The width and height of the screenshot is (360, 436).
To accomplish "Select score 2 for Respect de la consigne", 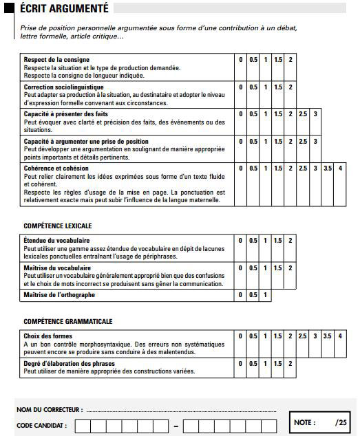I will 290,60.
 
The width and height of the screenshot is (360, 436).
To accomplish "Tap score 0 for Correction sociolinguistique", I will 241,87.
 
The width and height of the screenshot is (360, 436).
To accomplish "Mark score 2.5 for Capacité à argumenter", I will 303,142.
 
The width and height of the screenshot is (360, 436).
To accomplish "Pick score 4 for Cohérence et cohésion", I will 340,168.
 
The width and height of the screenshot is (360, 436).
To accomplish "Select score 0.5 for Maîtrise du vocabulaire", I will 253,268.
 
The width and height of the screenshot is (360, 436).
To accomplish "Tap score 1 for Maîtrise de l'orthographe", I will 266,294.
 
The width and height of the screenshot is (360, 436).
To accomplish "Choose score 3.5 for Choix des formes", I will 328,336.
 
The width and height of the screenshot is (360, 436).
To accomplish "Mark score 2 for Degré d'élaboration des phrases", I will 290,363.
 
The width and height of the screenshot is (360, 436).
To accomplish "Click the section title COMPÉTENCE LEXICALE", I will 58,226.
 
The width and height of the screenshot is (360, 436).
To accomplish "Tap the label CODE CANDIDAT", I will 42,426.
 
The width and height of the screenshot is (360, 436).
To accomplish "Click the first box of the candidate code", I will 81,426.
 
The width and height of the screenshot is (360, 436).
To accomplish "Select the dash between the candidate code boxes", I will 176,427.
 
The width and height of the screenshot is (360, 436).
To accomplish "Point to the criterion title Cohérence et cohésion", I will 56,168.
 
